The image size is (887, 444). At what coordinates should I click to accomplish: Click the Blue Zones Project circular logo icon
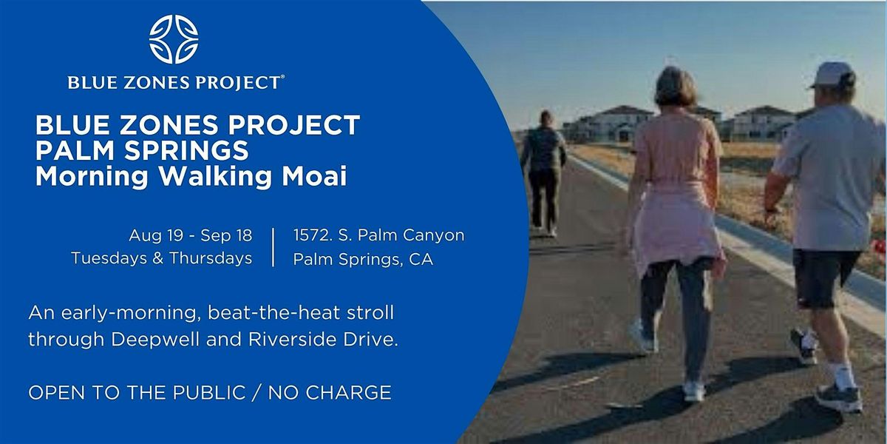[x=174, y=39]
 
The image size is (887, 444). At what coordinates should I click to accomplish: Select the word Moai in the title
[x=318, y=178]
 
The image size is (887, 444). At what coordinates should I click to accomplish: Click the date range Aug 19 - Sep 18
[x=190, y=236]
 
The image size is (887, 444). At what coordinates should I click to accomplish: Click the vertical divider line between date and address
[x=273, y=247]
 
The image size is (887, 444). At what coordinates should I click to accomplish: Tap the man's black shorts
[x=826, y=277]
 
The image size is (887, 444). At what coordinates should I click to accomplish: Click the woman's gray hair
[x=675, y=86]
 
